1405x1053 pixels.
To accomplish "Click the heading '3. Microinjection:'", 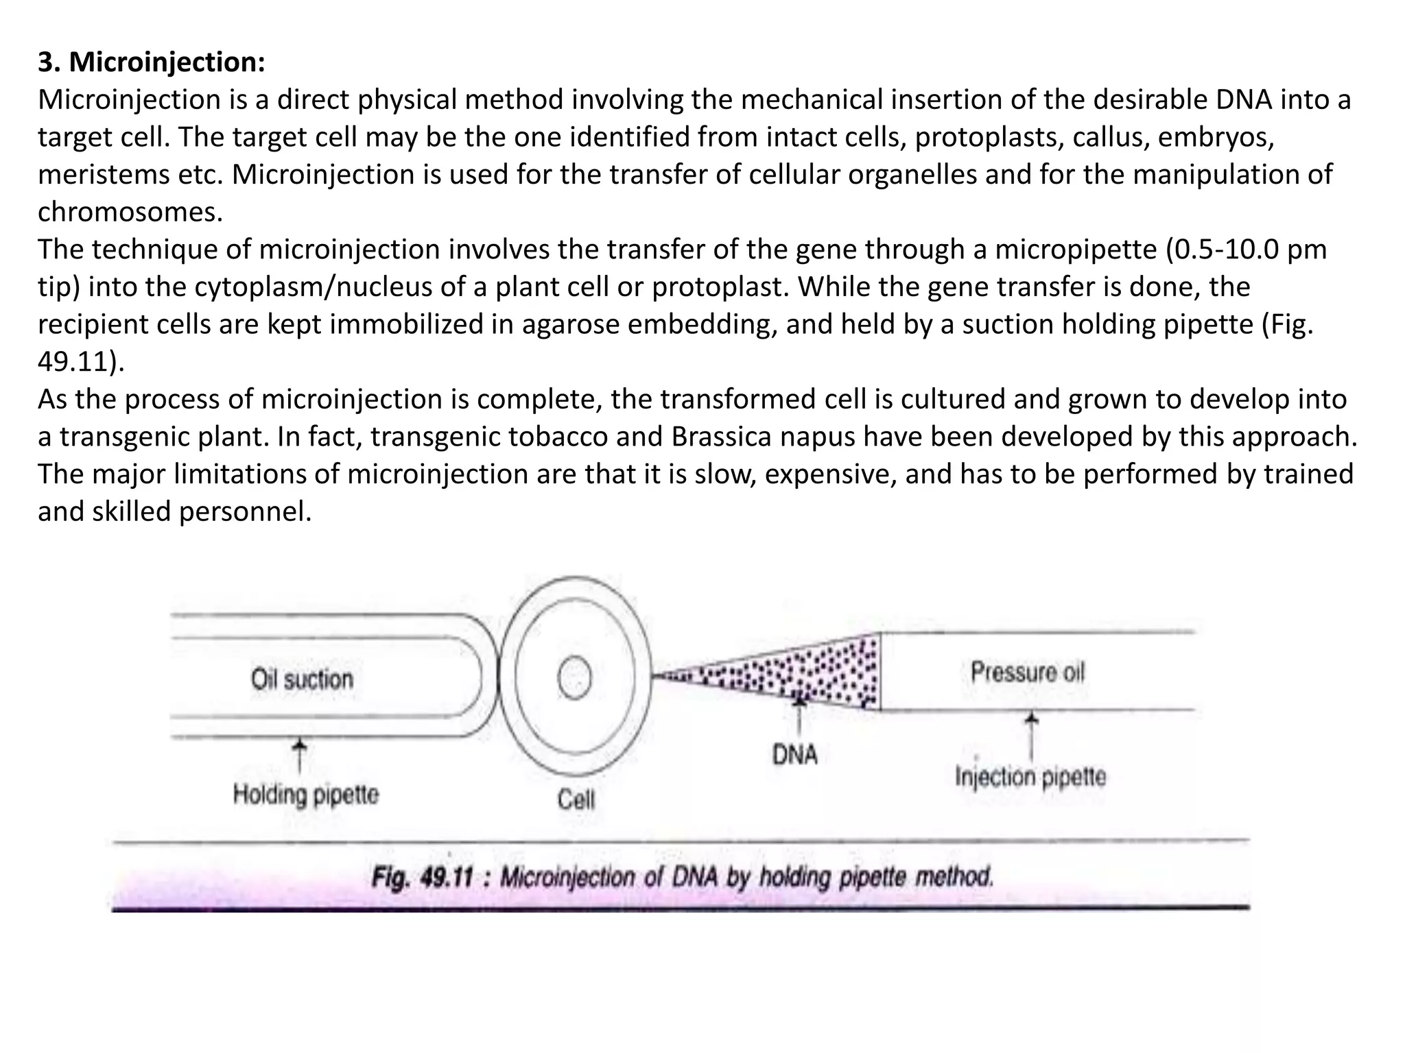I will coord(151,62).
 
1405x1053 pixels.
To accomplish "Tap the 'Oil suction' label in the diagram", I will coord(302,679).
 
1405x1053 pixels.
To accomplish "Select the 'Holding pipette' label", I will coord(305,795).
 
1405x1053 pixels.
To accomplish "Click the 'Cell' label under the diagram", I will coord(576,799).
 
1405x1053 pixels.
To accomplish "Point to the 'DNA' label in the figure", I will coord(795,755).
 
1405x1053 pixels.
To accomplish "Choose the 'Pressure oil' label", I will coord(1028,672).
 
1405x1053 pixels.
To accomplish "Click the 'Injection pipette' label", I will coord(1030,777).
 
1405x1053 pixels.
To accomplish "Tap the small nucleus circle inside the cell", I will coord(574,679).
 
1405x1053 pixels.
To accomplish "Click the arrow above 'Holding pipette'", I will coord(299,754).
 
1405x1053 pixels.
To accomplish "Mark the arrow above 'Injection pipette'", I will coord(1031,734).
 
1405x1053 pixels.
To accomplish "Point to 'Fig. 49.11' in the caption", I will coord(423,877).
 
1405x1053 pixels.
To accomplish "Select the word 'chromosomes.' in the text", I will coord(130,212).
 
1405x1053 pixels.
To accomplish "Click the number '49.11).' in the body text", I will coord(81,362).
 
